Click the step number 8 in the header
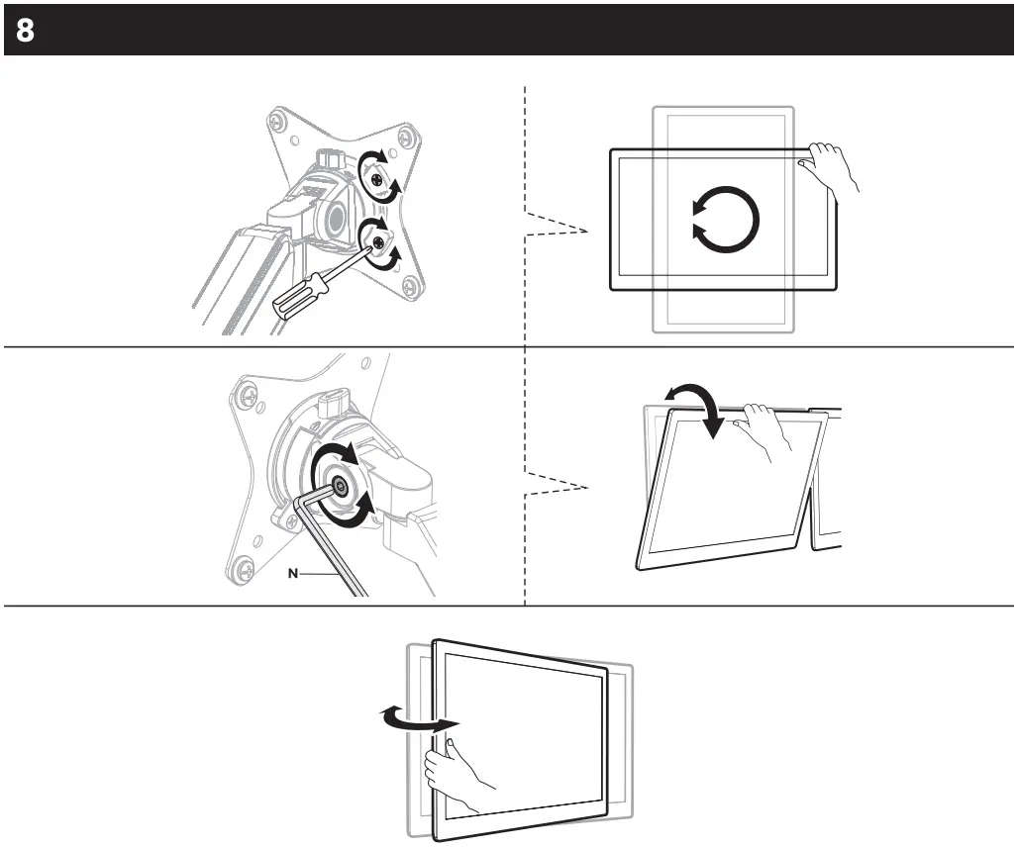(x=25, y=30)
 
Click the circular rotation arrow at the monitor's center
(x=725, y=217)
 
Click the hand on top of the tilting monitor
(x=764, y=428)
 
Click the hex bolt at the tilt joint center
(x=340, y=485)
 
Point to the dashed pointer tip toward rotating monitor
(x=586, y=232)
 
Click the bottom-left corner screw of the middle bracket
(x=239, y=568)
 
